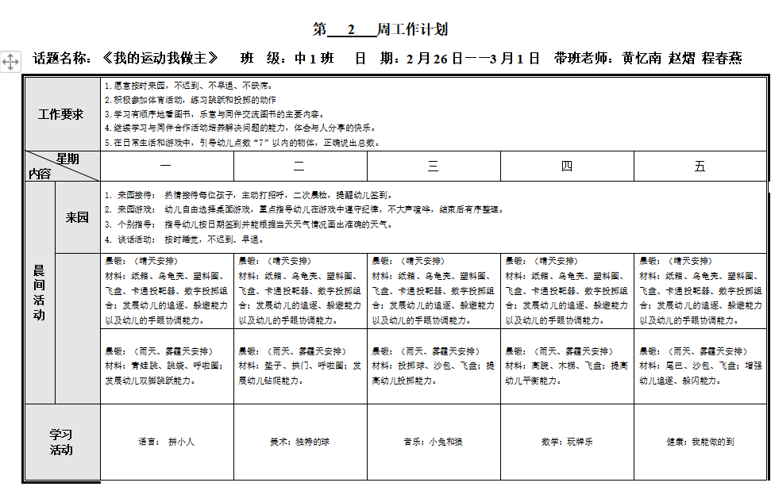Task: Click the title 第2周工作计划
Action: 380,30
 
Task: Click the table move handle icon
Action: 10,62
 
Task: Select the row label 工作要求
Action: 61,114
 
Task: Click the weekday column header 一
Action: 166,167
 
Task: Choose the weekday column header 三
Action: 433,167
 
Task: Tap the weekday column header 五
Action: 700,167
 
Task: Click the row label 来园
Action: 77,217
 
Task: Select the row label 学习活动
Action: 61,442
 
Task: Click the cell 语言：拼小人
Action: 166,442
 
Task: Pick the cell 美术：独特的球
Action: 299,442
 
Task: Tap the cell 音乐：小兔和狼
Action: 433,442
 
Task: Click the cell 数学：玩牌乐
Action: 566,442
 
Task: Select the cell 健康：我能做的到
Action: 700,442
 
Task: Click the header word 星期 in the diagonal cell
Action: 67,159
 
